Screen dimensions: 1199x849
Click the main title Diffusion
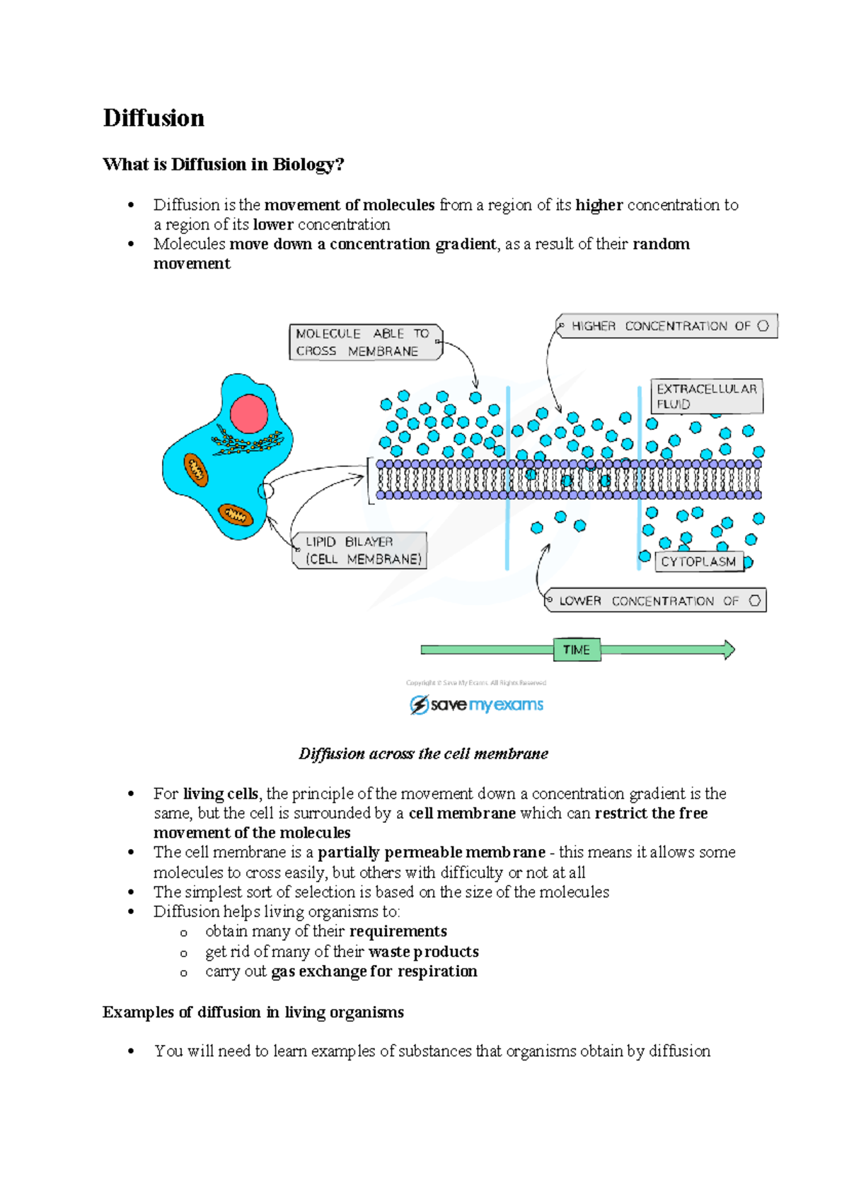point(154,118)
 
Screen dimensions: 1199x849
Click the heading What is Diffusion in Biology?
point(223,165)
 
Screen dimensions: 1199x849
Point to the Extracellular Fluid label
point(706,396)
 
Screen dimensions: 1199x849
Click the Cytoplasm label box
point(699,561)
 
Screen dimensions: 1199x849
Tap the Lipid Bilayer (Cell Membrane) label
point(361,550)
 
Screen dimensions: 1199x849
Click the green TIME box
point(577,650)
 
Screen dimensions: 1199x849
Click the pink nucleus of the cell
point(249,414)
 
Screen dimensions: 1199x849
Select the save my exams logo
point(477,705)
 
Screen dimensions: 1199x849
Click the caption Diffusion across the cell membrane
point(423,754)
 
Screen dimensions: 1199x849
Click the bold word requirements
point(398,932)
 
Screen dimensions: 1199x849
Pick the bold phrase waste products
point(424,952)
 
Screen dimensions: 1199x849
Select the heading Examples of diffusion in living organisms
point(253,1012)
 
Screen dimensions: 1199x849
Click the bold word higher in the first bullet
point(599,205)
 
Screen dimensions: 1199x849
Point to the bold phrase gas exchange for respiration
point(374,971)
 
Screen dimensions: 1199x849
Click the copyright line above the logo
point(476,683)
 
